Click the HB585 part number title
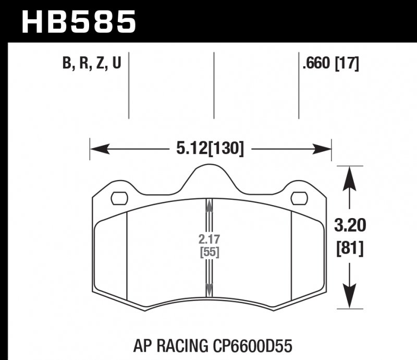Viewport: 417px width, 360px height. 78,22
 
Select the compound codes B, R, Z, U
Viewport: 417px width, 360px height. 91,64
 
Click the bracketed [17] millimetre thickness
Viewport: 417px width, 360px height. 347,64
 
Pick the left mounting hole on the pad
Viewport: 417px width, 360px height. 120,198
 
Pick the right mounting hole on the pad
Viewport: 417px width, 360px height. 299,198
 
